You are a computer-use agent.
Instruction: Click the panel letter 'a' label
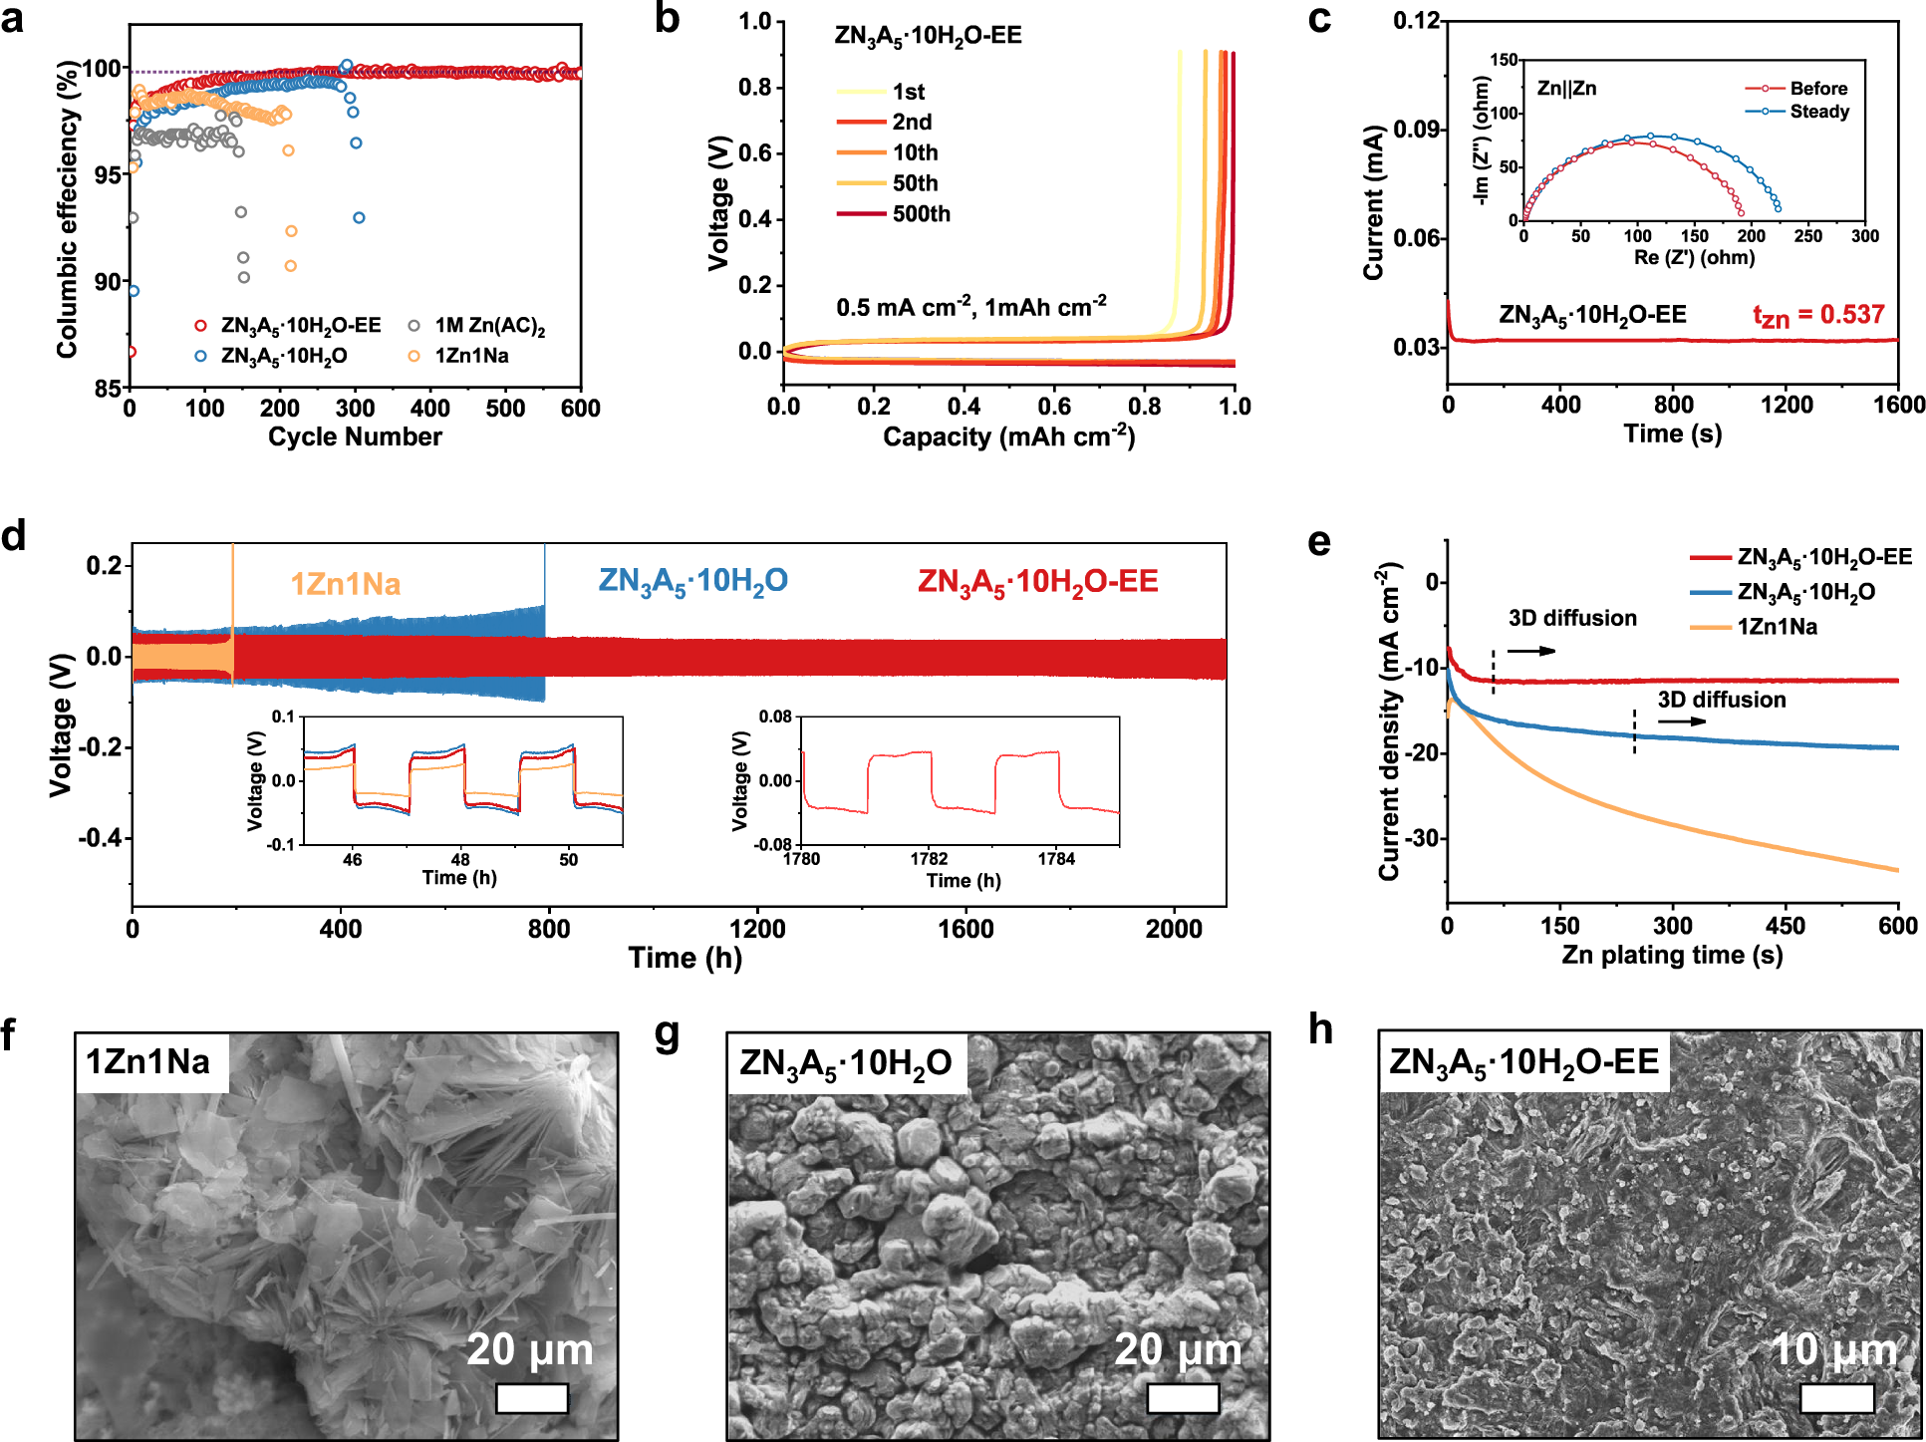point(13,19)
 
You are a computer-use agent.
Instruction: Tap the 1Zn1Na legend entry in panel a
point(470,356)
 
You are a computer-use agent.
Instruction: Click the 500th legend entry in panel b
point(920,214)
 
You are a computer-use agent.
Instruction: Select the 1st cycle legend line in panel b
point(861,92)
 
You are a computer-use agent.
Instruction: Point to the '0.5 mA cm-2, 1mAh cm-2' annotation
point(970,307)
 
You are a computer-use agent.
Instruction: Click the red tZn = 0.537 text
point(1818,316)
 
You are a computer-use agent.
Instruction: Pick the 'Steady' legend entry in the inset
point(1818,112)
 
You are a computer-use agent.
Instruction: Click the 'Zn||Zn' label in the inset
point(1566,89)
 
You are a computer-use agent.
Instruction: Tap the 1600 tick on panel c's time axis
point(1897,405)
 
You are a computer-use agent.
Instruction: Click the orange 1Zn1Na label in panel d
point(345,584)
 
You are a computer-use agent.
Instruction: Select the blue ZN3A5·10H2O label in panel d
point(692,582)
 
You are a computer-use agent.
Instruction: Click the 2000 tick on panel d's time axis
point(1173,929)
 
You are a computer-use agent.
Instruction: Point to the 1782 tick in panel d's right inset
point(929,859)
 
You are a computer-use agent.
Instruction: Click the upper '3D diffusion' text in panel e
point(1572,618)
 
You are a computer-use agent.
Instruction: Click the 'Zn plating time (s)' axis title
point(1671,955)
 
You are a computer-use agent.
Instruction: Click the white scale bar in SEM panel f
point(531,1398)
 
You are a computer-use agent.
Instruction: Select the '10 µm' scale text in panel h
point(1833,1350)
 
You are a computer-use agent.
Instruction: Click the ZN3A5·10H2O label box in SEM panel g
point(846,1064)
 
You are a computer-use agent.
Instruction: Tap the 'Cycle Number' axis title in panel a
point(355,436)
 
